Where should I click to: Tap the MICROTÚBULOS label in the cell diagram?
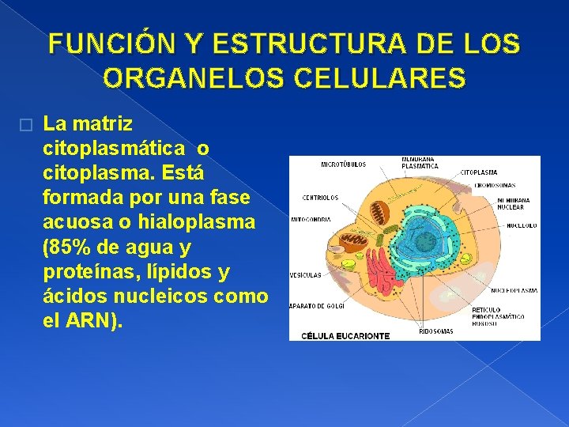click(343, 165)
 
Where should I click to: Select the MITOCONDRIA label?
click(311, 219)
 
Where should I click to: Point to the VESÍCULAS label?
click(306, 275)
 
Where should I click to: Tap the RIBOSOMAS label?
click(436, 331)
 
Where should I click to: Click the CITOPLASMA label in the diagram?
click(480, 172)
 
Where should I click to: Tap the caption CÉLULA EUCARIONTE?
click(345, 336)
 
